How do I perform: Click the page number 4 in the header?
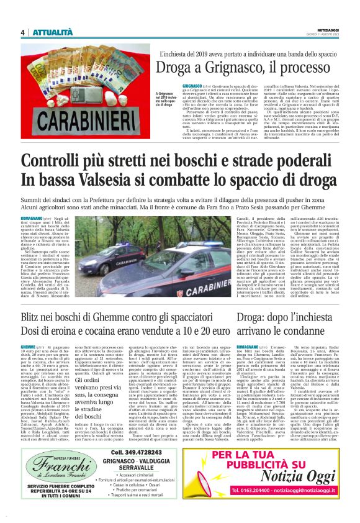[23, 32]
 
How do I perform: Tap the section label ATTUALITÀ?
[53, 32]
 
